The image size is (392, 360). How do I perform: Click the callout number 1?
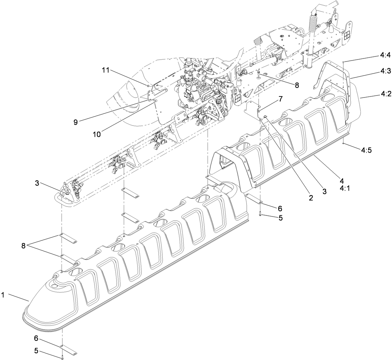click(3, 295)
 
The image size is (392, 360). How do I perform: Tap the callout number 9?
click(76, 122)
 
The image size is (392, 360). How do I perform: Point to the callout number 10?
click(97, 134)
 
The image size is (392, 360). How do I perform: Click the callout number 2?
click(311, 198)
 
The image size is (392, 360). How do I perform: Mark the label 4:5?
click(366, 151)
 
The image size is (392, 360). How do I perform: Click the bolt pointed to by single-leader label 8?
click(258, 73)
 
